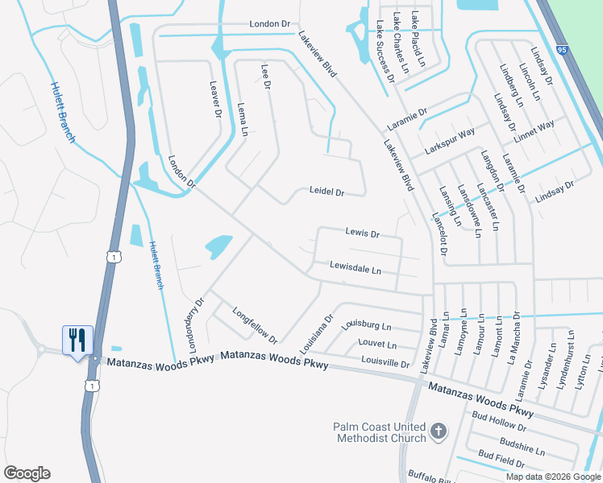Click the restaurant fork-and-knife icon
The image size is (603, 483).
78,340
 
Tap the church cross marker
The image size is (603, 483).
438,431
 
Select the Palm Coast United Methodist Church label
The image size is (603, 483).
380,432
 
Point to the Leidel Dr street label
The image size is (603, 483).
326,192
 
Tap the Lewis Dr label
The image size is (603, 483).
362,233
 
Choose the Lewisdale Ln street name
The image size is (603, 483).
355,268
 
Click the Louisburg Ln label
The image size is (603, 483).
366,326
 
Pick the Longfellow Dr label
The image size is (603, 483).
255,324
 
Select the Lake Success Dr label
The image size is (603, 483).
384,52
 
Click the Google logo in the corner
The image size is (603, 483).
27,473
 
